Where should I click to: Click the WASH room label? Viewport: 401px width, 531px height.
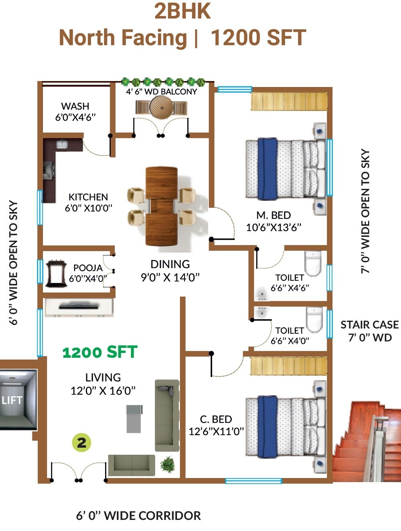click(x=75, y=106)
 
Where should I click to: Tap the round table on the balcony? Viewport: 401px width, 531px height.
click(x=161, y=107)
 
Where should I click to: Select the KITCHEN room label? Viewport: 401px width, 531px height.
click(x=88, y=197)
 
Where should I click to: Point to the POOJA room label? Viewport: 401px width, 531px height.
click(x=88, y=268)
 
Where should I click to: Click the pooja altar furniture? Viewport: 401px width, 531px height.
click(x=55, y=274)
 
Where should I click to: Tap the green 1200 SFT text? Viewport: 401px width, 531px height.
click(x=100, y=353)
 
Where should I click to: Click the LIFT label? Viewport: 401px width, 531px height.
click(x=12, y=400)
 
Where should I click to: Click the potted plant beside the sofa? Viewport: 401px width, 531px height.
click(x=168, y=464)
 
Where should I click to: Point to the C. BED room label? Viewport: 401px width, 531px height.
click(x=216, y=420)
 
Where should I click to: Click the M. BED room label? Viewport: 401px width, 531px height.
click(x=273, y=215)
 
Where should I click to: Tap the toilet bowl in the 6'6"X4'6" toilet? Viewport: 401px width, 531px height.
click(x=313, y=263)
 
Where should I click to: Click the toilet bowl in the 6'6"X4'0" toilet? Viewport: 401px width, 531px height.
click(x=314, y=319)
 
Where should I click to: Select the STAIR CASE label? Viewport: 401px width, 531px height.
click(x=369, y=324)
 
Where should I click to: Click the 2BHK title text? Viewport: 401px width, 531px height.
click(x=182, y=11)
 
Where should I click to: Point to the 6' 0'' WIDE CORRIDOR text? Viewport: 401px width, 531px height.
click(x=138, y=516)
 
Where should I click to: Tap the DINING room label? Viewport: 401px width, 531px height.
click(x=170, y=264)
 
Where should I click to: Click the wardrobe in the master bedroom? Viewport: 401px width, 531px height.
click(x=288, y=101)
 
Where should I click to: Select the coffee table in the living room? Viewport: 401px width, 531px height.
click(x=134, y=419)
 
